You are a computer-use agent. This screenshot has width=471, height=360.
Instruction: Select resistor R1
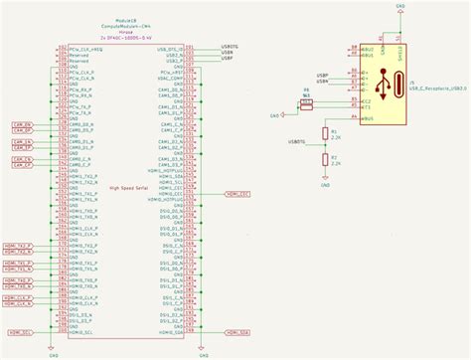pos(325,132)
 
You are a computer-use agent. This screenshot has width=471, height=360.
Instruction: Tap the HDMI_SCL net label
pos(23,332)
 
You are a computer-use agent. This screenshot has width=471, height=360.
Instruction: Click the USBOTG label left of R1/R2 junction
pos(297,141)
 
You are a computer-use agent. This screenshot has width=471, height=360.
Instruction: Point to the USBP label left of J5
pos(323,75)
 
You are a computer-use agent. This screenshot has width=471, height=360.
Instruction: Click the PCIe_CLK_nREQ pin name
pos(83,48)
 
